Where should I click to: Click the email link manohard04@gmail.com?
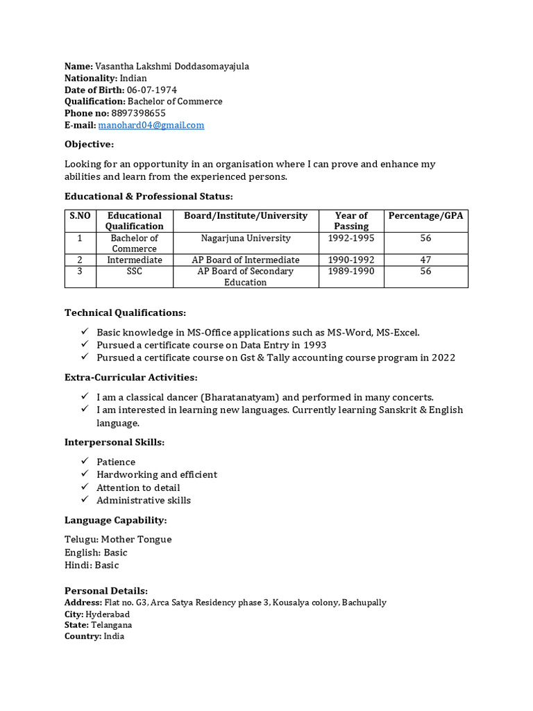(151, 125)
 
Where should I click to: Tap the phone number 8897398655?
(138, 113)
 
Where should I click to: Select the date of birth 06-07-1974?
(152, 90)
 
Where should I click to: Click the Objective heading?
(89, 144)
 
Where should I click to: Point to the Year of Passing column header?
(351, 221)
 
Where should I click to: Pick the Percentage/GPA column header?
(425, 216)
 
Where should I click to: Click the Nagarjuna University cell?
(246, 238)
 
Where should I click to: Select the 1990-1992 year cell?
(351, 260)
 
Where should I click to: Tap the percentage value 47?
(425, 260)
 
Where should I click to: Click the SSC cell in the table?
(135, 271)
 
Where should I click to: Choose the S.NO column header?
(80, 216)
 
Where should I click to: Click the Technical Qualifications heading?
(125, 313)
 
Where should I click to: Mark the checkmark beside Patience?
(85, 461)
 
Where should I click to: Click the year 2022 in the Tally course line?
(443, 358)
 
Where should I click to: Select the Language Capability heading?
(115, 520)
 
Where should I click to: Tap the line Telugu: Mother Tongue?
(118, 539)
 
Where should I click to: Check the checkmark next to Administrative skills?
(85, 499)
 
